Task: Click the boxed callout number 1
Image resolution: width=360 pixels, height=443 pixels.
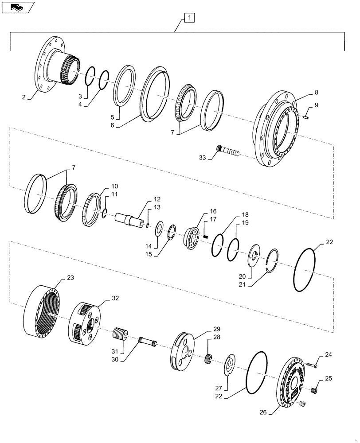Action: (189, 18)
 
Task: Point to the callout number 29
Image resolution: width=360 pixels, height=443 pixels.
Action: (216, 329)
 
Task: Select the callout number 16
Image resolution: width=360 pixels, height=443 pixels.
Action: (214, 212)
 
